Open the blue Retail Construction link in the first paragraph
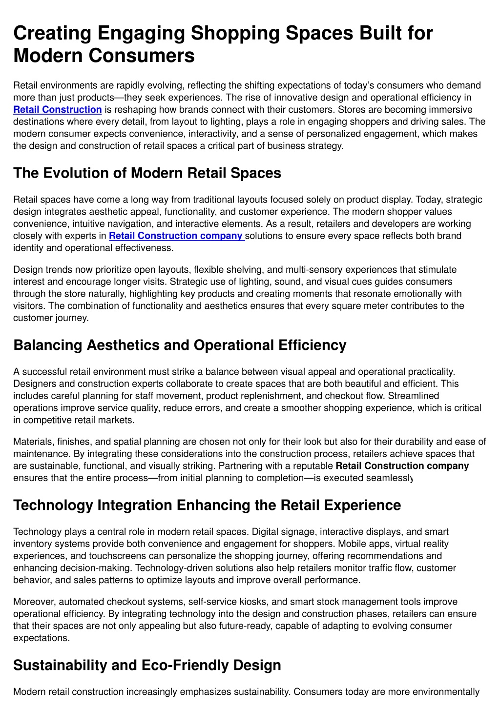(x=58, y=110)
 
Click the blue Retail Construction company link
(x=176, y=236)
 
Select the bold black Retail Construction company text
(x=402, y=466)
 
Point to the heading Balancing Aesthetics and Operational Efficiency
(x=180, y=345)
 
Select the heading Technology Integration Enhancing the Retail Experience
(x=207, y=505)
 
